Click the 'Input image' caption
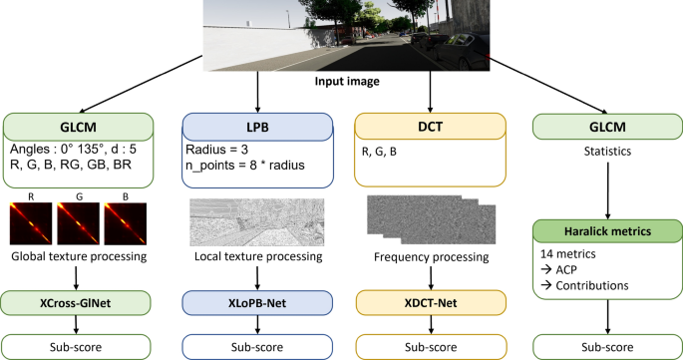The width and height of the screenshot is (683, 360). click(x=341, y=83)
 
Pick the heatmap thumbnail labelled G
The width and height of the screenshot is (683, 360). click(x=81, y=225)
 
